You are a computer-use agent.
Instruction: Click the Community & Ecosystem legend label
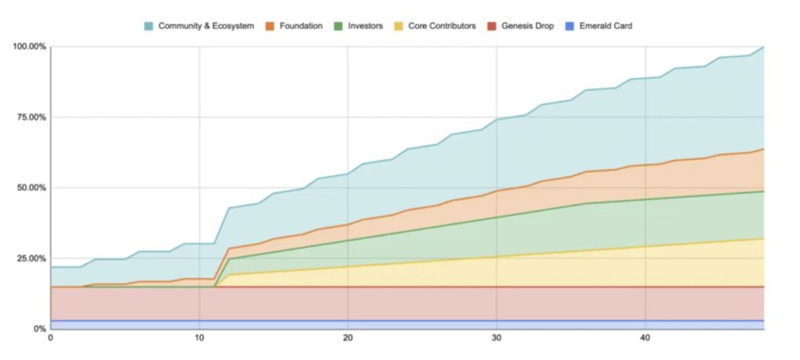(x=206, y=26)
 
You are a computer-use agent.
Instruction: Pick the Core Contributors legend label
(x=442, y=26)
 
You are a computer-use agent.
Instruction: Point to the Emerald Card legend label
(x=606, y=26)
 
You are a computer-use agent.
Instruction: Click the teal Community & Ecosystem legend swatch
(x=148, y=26)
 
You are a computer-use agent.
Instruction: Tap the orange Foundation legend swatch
(x=268, y=26)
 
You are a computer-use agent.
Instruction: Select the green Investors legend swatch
(x=337, y=26)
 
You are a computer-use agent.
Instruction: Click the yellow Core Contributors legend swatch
(x=398, y=26)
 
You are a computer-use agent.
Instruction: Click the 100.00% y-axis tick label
(x=29, y=47)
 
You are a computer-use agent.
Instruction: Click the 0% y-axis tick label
(x=39, y=329)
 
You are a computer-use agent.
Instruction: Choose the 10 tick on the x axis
(x=199, y=339)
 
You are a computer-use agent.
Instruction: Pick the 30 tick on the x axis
(x=496, y=339)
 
